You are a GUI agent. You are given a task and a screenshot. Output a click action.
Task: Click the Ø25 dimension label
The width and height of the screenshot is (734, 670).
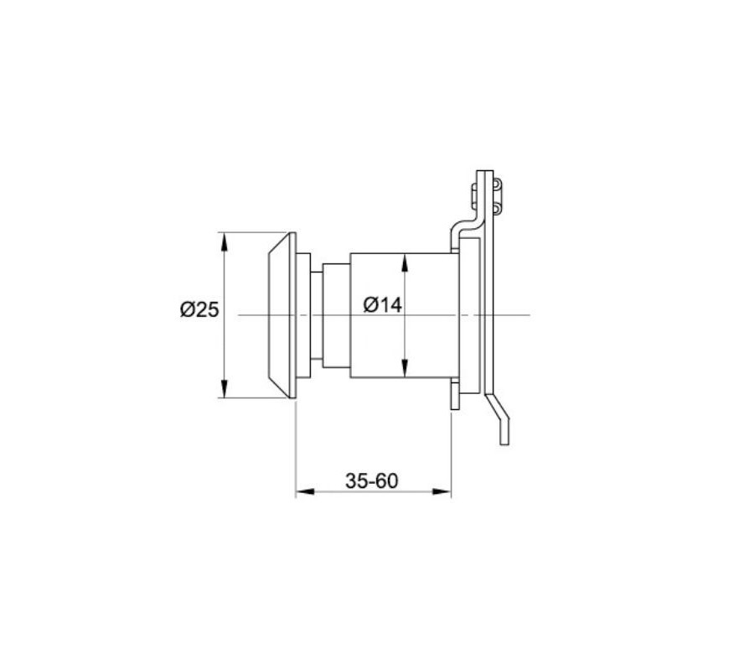199,309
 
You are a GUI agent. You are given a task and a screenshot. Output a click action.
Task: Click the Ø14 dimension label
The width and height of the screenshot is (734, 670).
382,305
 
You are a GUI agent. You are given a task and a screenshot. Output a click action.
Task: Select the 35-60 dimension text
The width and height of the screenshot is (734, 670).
372,480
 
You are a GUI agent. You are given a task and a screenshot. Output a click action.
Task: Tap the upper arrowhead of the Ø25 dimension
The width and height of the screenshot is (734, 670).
225,242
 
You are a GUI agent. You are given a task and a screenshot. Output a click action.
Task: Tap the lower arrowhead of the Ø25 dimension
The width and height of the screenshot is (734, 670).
225,388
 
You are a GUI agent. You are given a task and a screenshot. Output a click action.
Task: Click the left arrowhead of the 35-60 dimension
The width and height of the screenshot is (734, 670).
306,491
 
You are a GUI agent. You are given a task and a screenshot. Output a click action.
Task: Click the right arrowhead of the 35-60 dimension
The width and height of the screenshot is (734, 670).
441,491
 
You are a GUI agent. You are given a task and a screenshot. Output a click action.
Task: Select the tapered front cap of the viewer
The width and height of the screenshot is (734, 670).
279,315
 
